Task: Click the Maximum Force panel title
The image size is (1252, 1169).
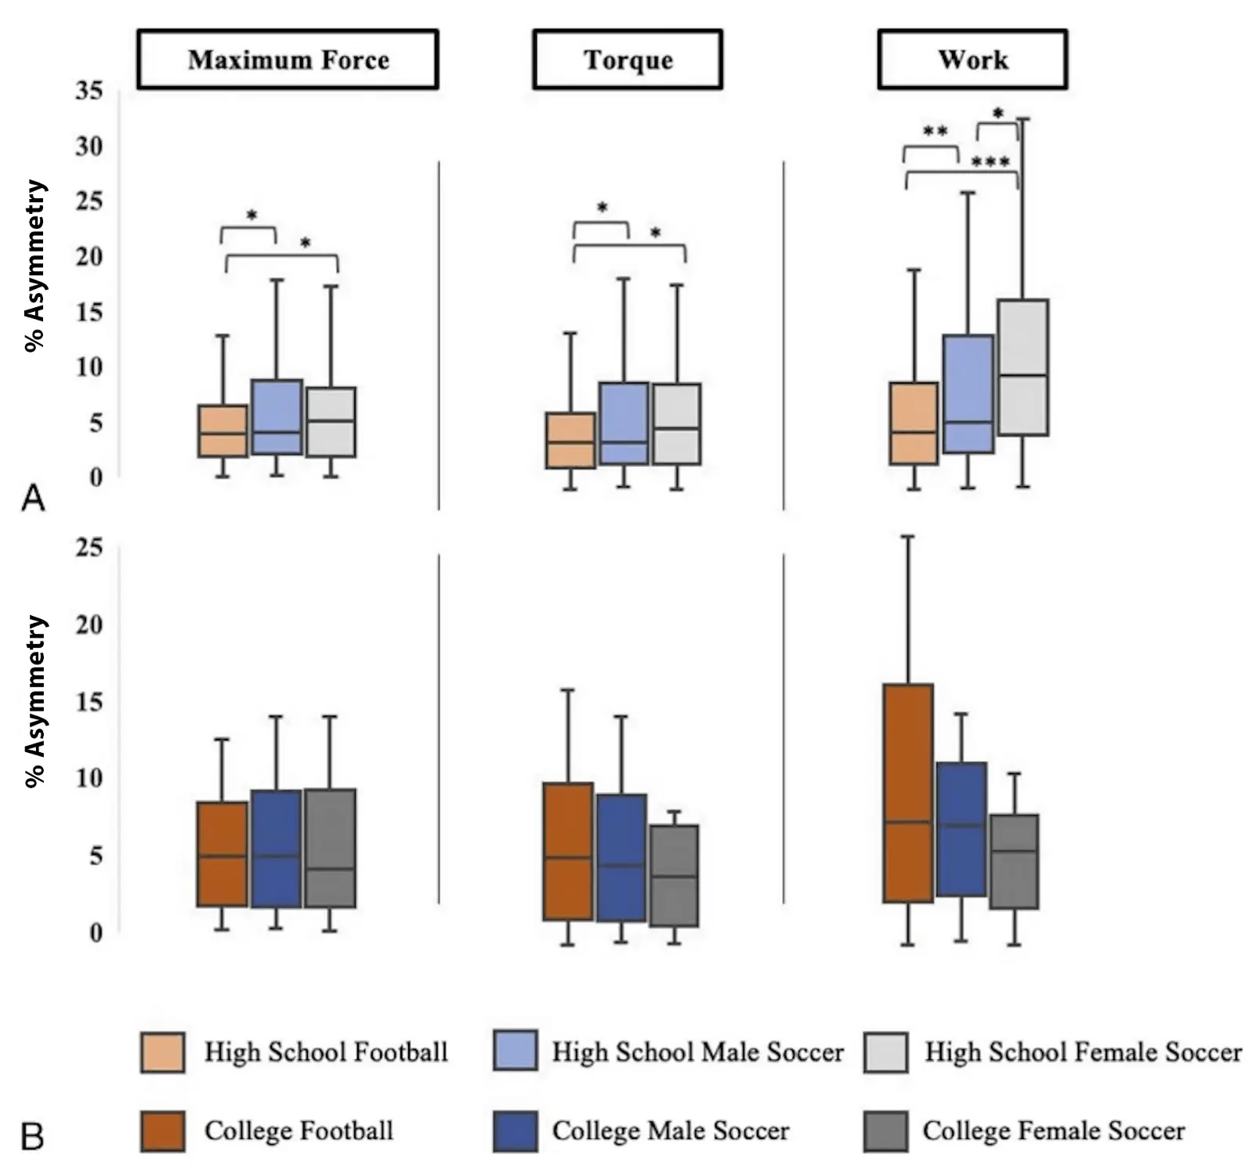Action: (x=288, y=60)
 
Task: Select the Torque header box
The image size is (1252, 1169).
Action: (x=628, y=60)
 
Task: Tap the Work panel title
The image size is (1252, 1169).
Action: (x=972, y=60)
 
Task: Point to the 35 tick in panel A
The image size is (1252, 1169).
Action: (x=89, y=91)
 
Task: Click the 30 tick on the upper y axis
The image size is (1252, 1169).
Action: (x=89, y=147)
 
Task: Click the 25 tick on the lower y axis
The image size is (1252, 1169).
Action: (x=89, y=547)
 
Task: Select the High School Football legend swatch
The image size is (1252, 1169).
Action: (x=163, y=1051)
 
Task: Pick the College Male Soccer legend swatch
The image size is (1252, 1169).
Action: (x=516, y=1131)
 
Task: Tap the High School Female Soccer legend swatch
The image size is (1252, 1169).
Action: (x=886, y=1051)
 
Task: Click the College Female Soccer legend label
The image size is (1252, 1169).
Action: (x=1053, y=1131)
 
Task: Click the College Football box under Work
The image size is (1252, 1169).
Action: (x=908, y=793)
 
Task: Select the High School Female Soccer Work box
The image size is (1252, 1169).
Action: (x=1022, y=367)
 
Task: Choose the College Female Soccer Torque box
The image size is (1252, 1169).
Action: (x=674, y=875)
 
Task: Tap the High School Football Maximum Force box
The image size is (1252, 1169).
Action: (x=223, y=430)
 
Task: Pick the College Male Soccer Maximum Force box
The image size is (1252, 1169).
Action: (x=276, y=849)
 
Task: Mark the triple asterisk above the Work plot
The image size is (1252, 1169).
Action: (x=990, y=162)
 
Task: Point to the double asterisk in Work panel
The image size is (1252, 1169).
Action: (x=935, y=131)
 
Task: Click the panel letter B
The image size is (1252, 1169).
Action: (x=32, y=1136)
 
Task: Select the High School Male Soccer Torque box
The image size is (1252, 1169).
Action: (x=624, y=423)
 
